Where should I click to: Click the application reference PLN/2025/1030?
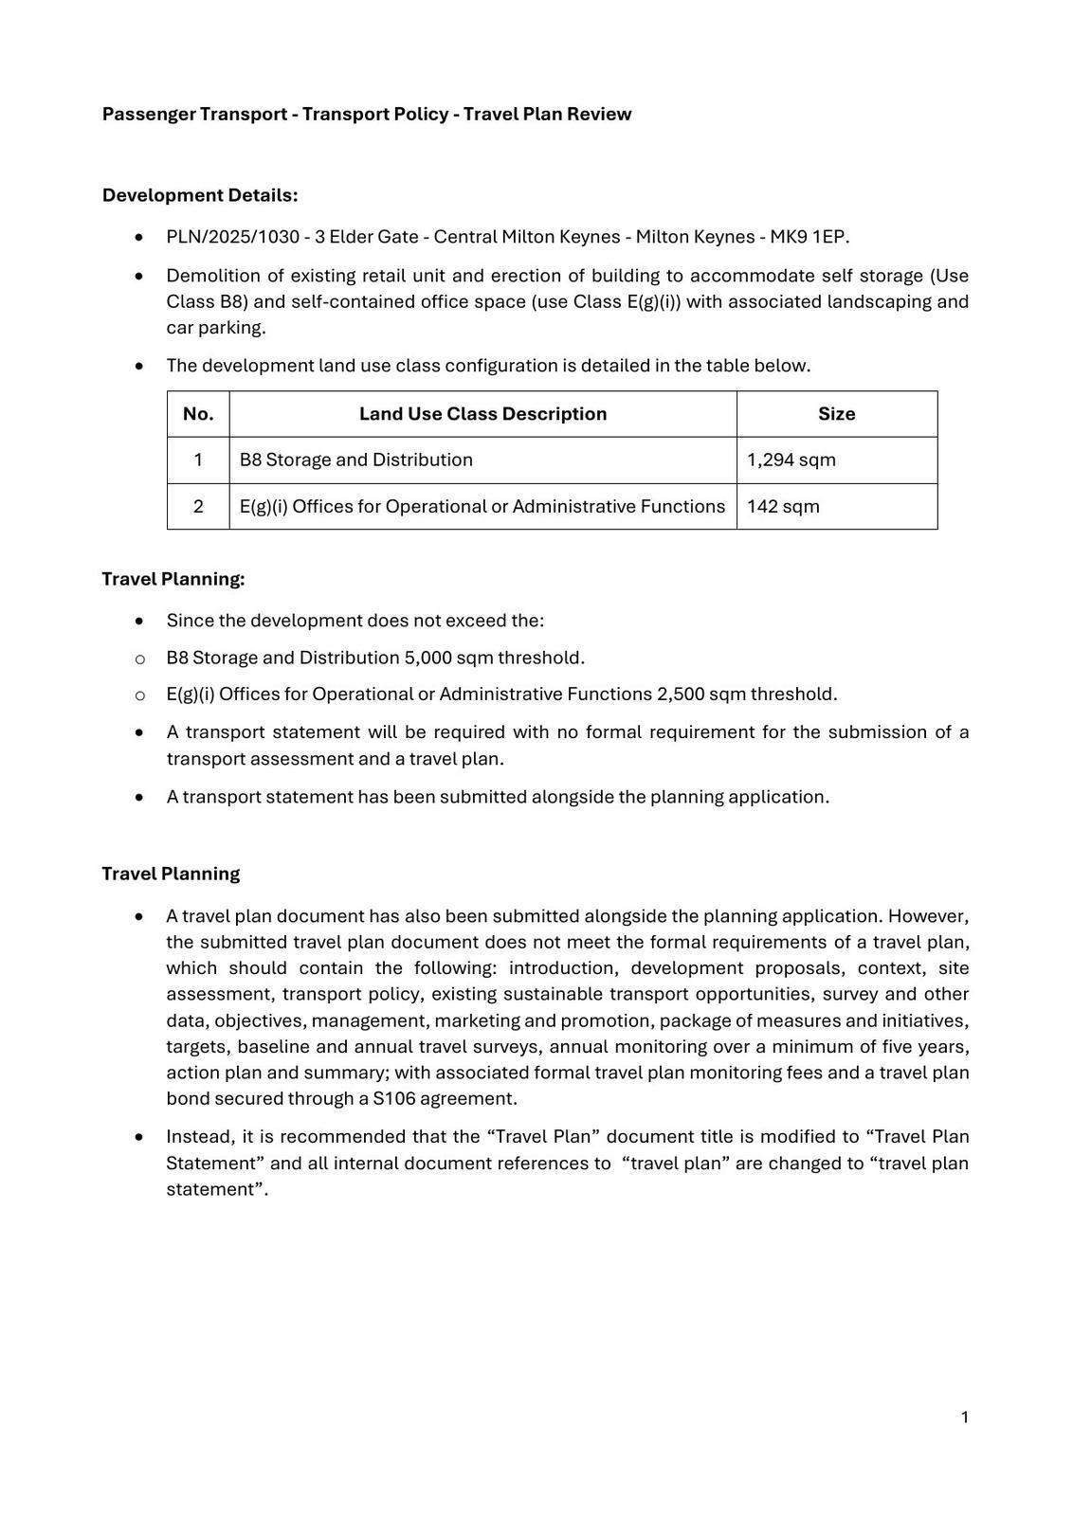click(232, 237)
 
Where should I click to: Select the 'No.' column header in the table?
click(198, 414)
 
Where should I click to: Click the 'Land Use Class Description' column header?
click(482, 414)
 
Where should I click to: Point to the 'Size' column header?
click(836, 414)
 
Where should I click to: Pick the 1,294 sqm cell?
click(791, 460)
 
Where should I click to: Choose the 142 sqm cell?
click(783, 507)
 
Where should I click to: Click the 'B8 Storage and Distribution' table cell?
click(355, 460)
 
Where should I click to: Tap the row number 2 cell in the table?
click(198, 507)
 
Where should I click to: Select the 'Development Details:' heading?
click(200, 195)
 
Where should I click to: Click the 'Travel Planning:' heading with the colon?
click(173, 579)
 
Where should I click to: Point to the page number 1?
click(964, 1417)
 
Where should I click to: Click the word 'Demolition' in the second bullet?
click(210, 276)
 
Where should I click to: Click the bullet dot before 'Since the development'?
click(140, 622)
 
